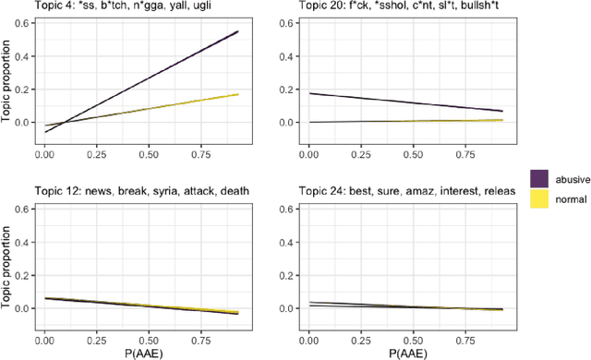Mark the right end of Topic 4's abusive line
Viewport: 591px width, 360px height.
[x=238, y=31]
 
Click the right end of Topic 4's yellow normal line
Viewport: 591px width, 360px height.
[x=238, y=94]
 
